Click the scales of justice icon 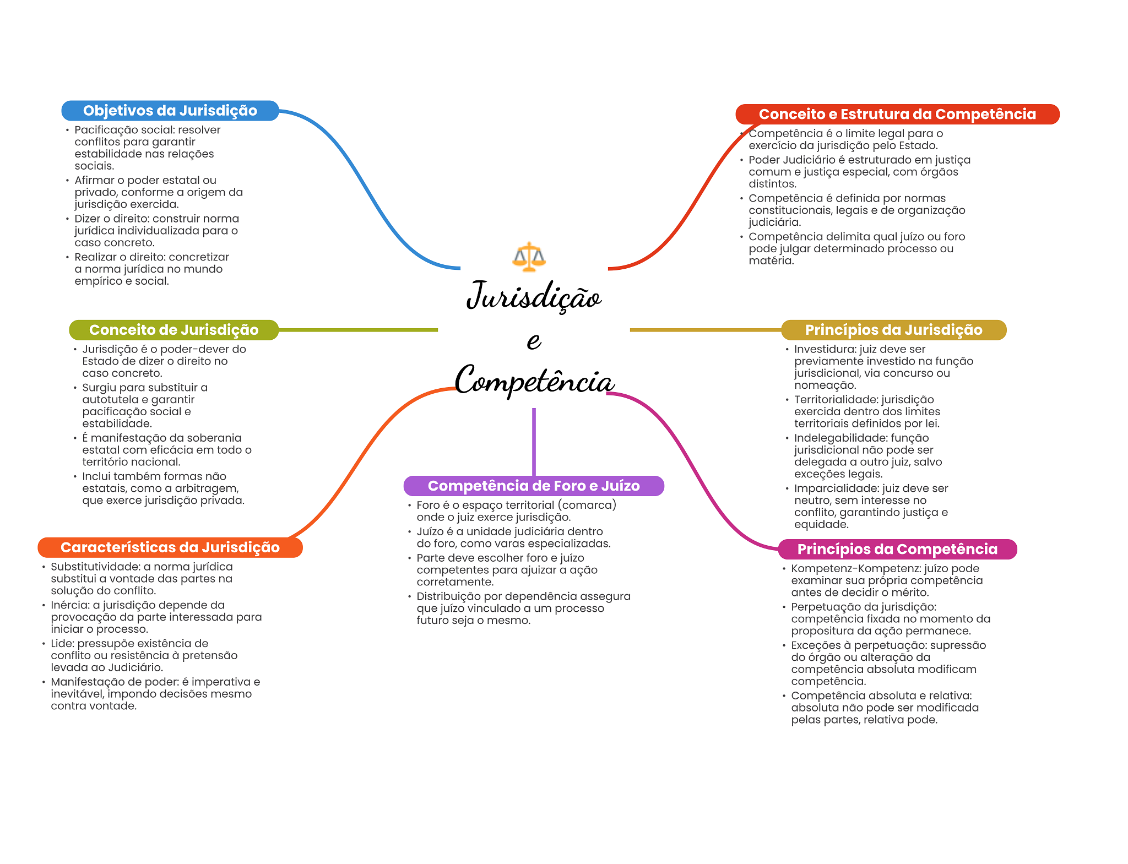[x=529, y=257]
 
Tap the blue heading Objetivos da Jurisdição [x=170, y=111]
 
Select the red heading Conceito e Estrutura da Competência [x=897, y=114]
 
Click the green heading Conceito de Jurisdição [x=173, y=330]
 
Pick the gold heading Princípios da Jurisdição [x=893, y=330]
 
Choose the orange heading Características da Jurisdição [x=170, y=547]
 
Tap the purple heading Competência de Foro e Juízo [x=533, y=486]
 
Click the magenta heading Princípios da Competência [x=897, y=549]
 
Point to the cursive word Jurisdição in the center [x=533, y=296]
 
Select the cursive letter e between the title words [x=533, y=340]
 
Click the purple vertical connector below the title [x=534, y=441]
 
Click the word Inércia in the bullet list [x=69, y=605]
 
